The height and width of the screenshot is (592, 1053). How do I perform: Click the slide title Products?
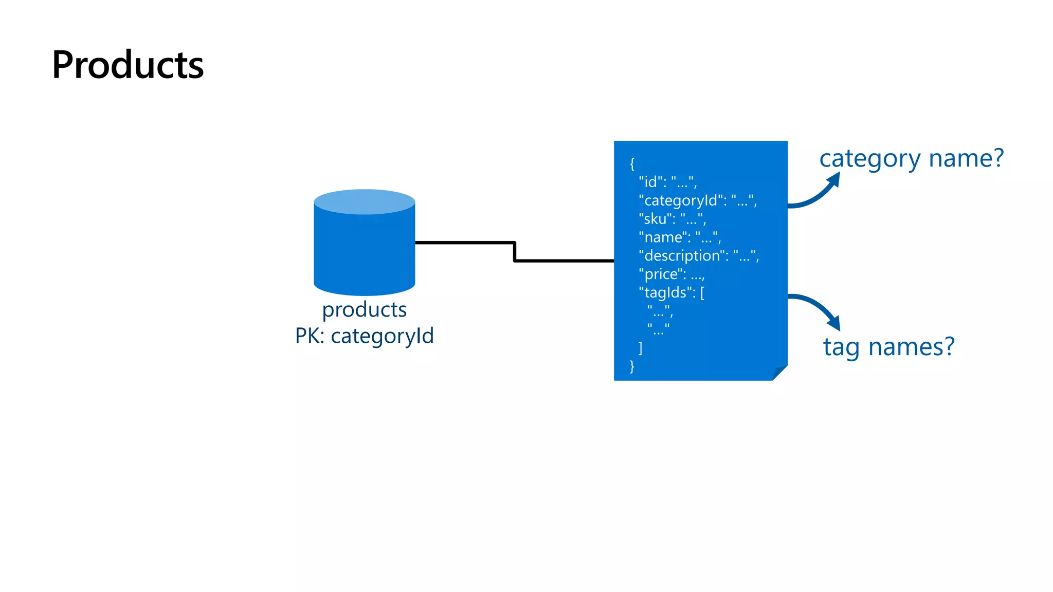click(x=128, y=65)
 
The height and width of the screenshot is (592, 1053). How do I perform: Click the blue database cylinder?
click(x=364, y=252)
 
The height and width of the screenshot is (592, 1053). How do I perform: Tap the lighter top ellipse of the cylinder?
click(x=364, y=201)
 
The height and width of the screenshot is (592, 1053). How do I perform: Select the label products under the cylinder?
click(x=364, y=309)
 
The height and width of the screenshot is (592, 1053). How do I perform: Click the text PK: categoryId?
click(x=364, y=336)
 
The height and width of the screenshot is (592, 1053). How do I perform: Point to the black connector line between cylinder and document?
click(x=514, y=251)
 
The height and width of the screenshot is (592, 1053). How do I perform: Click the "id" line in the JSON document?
click(x=667, y=182)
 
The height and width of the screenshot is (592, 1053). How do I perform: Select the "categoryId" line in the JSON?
click(x=697, y=200)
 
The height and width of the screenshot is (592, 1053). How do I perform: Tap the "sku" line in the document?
click(x=672, y=219)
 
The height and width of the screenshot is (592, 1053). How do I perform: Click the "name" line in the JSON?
click(x=679, y=237)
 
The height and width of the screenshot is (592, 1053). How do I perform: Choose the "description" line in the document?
click(x=698, y=256)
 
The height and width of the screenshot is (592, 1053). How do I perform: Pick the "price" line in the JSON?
click(x=671, y=274)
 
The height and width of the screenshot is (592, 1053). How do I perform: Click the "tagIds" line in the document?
click(x=671, y=293)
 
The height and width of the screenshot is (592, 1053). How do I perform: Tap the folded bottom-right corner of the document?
click(x=779, y=373)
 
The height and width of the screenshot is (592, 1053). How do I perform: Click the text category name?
click(x=911, y=158)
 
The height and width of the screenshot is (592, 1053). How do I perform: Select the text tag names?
click(x=888, y=347)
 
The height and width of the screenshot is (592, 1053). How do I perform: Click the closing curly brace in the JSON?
click(x=632, y=366)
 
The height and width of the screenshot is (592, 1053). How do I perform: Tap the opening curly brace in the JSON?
click(x=632, y=164)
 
